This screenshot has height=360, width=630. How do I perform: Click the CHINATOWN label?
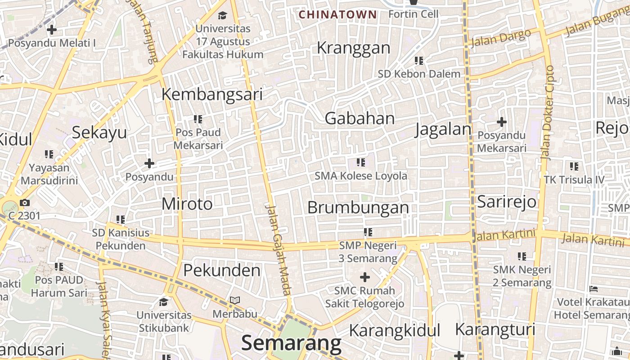337,14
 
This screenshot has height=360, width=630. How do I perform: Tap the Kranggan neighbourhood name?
353,48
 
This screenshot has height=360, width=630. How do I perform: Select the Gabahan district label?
360,118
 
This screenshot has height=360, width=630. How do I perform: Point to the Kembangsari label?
212,94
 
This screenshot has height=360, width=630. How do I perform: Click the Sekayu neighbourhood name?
99,133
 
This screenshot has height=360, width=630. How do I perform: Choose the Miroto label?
187,204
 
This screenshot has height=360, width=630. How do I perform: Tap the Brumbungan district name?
358,207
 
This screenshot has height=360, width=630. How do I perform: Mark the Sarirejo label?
507,201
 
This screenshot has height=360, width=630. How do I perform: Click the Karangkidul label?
394,330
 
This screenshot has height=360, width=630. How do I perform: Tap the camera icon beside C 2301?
24,202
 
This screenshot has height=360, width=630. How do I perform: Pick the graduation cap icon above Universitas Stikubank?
163,301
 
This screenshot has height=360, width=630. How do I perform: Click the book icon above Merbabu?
234,300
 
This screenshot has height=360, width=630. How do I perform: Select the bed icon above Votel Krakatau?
594,288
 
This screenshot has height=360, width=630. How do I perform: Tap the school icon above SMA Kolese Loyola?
360,162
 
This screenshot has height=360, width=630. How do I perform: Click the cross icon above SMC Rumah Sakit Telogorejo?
364,277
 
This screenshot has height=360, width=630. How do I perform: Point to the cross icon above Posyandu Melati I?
52,30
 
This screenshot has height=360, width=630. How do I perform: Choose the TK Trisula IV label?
574,180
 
